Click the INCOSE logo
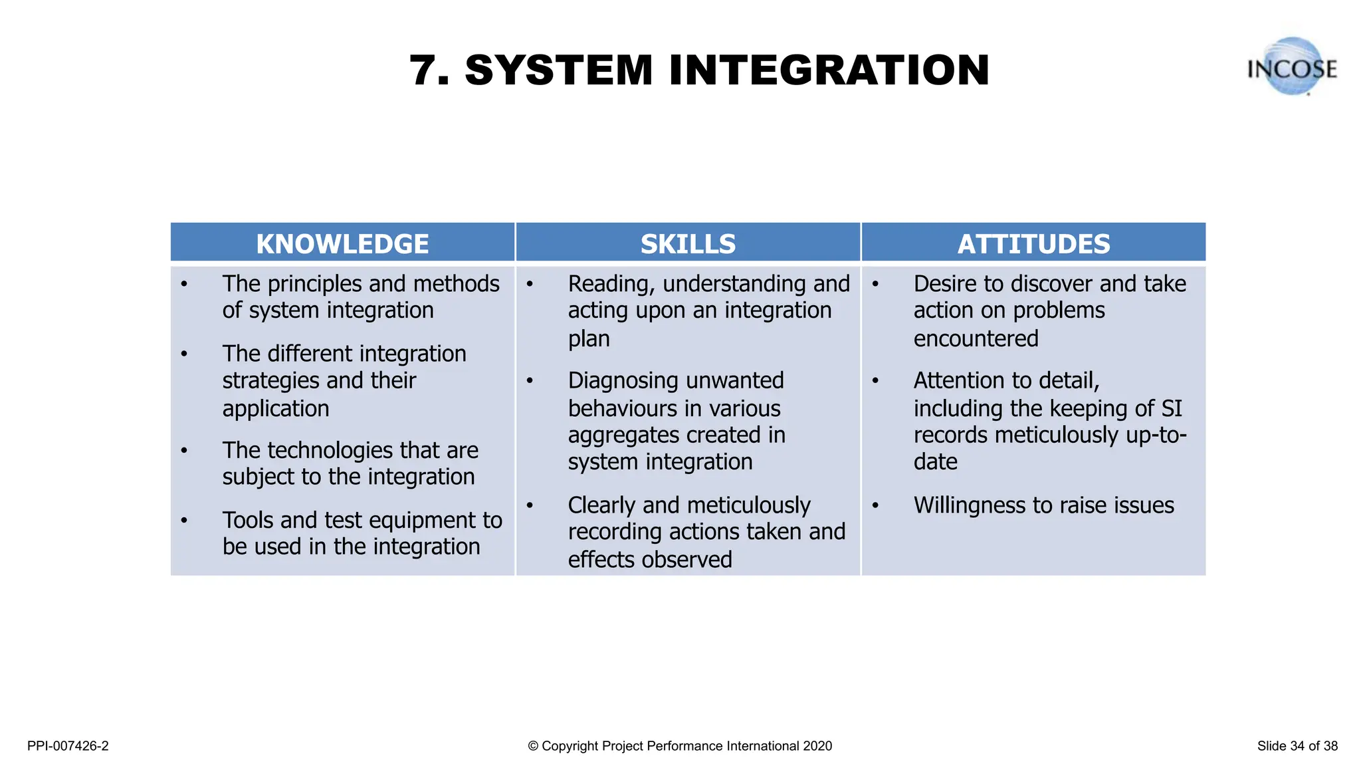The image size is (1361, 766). tap(1292, 67)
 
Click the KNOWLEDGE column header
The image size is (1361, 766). tap(342, 244)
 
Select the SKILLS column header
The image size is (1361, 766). tap(688, 244)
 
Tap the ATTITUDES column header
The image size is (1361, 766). tap(1033, 244)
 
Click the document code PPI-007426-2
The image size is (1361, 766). tap(68, 746)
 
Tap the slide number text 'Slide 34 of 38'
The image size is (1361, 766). tap(1297, 746)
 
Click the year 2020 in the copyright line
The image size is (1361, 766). tap(817, 746)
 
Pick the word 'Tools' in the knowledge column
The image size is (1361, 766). tap(251, 520)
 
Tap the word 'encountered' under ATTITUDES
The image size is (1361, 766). tap(976, 339)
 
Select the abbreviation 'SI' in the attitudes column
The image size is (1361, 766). tap(1172, 408)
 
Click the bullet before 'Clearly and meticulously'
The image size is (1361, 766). tap(530, 505)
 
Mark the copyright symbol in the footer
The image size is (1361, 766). tap(533, 746)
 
